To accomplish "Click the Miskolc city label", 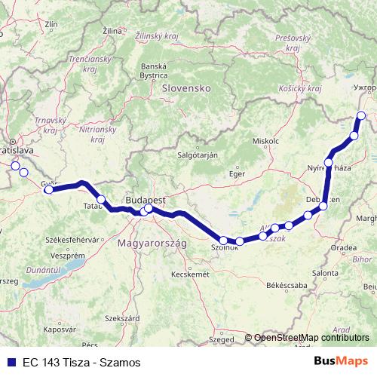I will click(x=266, y=141).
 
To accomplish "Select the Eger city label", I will click(x=238, y=174).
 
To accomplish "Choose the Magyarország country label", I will click(x=152, y=244).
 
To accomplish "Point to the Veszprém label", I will click(x=45, y=255).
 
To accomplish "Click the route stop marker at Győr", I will click(x=49, y=189).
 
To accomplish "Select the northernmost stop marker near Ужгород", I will click(x=361, y=115).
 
